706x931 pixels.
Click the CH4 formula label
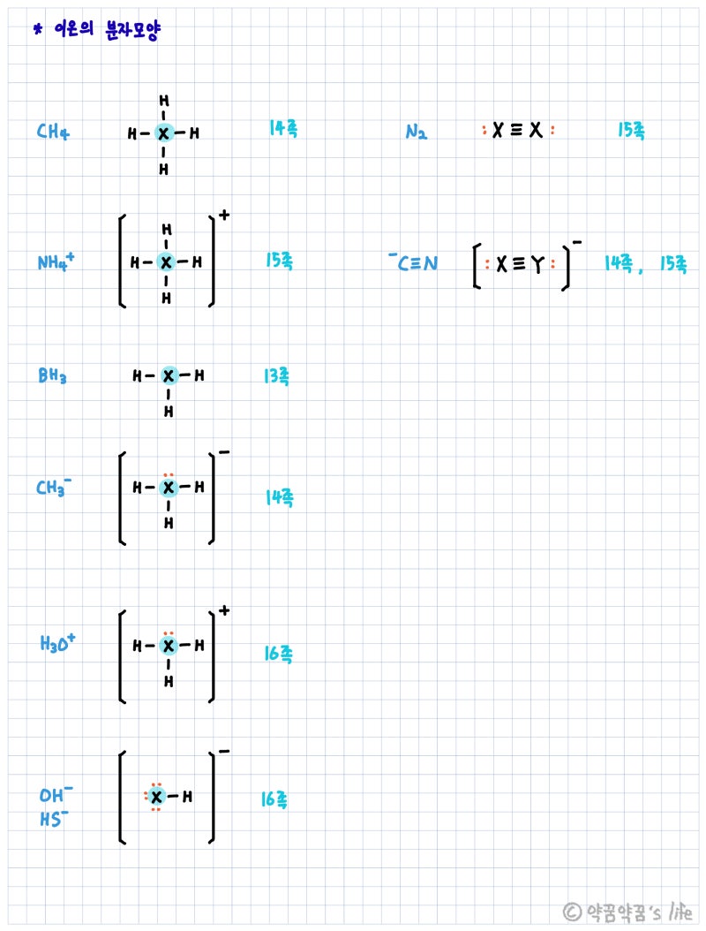pos(53,133)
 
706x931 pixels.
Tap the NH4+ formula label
pos(56,262)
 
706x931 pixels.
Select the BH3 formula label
pos(52,376)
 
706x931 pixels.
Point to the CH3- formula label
pos(54,488)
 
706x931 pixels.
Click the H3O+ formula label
pos(57,643)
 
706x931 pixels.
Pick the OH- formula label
pos(56,794)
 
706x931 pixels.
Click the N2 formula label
pos(417,133)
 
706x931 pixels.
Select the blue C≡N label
pos(414,262)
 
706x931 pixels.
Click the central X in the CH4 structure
pos(163,134)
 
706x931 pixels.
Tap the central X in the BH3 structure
pos(169,376)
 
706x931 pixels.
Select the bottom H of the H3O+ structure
pos(169,681)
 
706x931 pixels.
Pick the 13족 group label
pos(275,376)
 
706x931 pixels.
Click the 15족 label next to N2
pos(631,132)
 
